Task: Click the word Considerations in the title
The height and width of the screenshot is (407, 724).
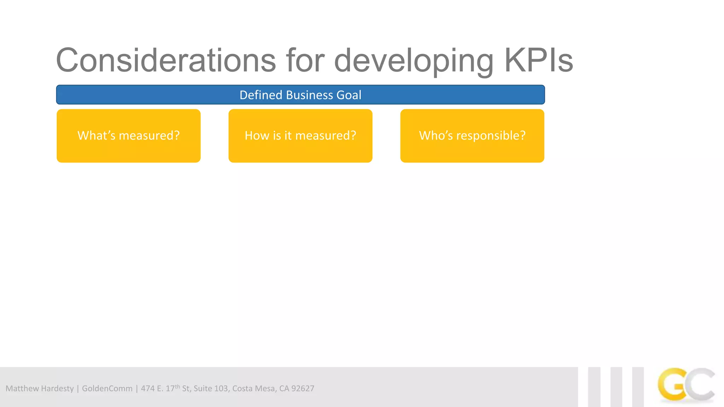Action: (165, 61)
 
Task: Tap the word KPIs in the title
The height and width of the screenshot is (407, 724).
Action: (538, 61)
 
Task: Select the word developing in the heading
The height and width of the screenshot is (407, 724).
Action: (414, 61)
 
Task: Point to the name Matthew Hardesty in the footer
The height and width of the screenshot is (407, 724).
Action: (40, 389)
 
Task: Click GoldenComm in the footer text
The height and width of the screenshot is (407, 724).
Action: (107, 389)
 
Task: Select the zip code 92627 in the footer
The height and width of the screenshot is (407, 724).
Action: (303, 389)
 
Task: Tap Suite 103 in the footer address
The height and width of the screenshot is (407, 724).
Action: (211, 389)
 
